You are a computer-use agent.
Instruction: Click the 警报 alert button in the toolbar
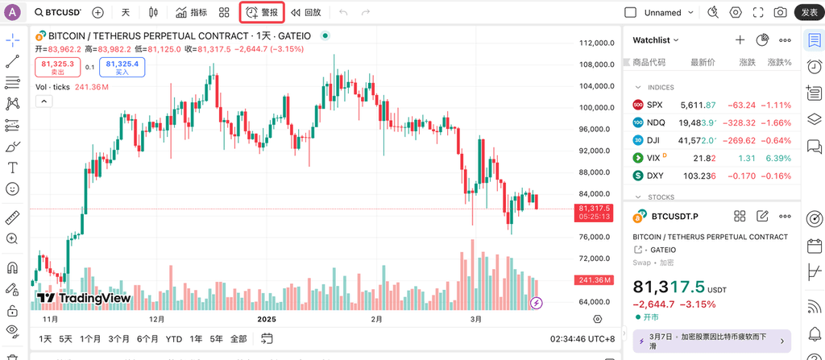click(x=262, y=13)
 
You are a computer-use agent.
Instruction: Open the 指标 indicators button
click(x=191, y=13)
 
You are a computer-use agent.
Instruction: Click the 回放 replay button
click(x=306, y=13)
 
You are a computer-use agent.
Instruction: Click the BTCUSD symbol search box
click(x=58, y=13)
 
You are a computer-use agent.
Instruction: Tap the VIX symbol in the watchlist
click(x=653, y=158)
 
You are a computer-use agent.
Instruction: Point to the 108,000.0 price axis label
click(x=597, y=65)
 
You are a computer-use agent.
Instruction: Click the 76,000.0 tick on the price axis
click(x=597, y=237)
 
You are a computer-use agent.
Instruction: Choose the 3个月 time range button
click(x=119, y=339)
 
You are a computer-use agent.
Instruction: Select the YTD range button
click(x=173, y=339)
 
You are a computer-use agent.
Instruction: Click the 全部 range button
click(x=238, y=339)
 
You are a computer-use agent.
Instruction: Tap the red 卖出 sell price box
click(x=58, y=68)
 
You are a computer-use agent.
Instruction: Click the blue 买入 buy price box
click(x=122, y=68)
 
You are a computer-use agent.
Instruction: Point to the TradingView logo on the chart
click(x=84, y=298)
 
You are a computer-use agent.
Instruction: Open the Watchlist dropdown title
click(x=656, y=39)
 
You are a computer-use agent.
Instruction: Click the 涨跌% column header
click(x=779, y=62)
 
